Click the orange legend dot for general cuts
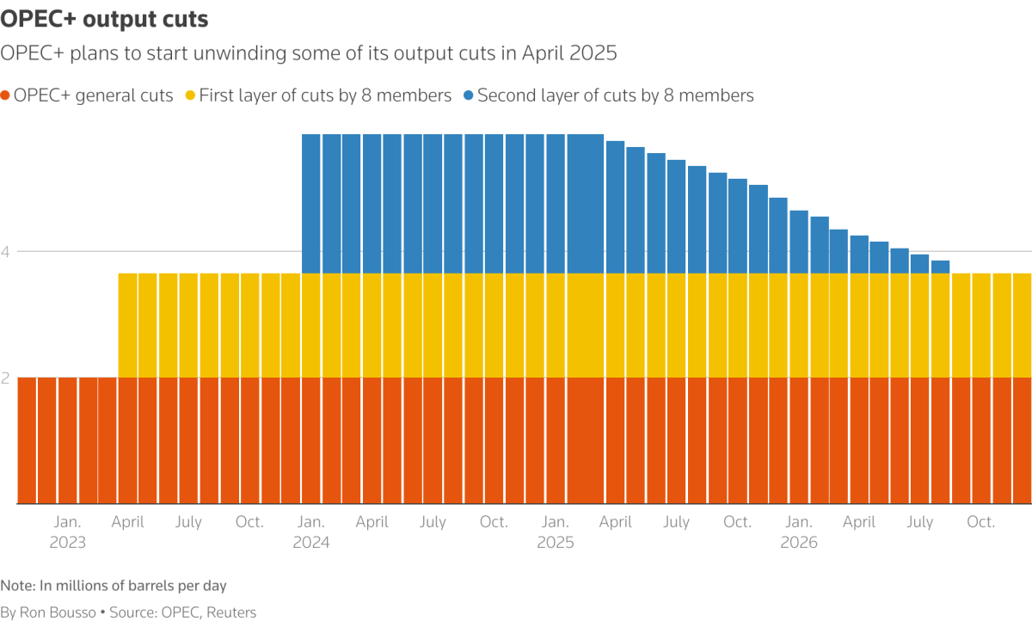click(x=6, y=95)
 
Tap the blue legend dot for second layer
click(x=468, y=95)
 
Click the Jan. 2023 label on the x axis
click(x=67, y=532)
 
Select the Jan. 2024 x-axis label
click(x=310, y=532)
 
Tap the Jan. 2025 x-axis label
click(x=555, y=532)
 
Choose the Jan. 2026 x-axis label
click(x=798, y=532)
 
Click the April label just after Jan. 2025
click(x=616, y=522)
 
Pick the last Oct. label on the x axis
click(x=980, y=522)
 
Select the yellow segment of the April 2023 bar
click(x=127, y=325)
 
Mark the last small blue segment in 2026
click(x=940, y=267)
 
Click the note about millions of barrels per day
click(x=114, y=586)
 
